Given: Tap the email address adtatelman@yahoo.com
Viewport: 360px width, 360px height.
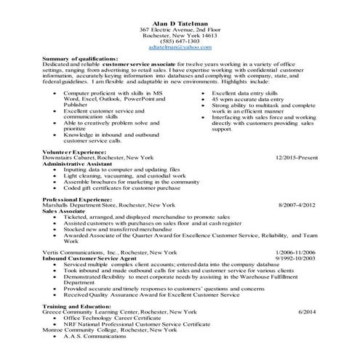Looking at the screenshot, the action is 179,47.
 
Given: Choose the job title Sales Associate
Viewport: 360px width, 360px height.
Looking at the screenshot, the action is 67,210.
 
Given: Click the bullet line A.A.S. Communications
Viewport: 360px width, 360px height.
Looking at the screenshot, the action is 92,335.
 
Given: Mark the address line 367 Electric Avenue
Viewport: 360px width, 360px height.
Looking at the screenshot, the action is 179,28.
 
